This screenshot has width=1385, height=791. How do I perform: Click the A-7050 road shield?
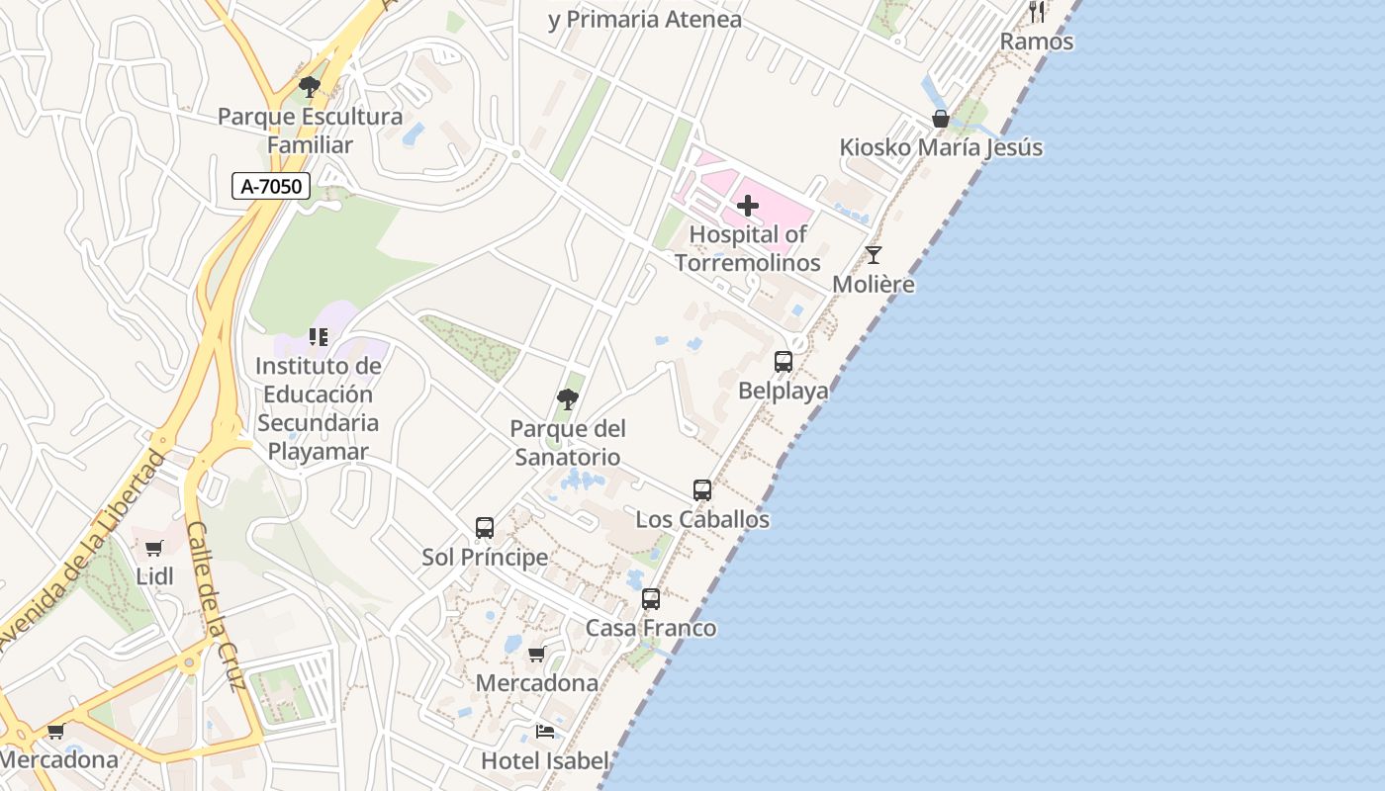pos(271,186)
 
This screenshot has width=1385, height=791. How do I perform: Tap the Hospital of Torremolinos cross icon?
pos(748,206)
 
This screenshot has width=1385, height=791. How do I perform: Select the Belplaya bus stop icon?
pos(783,362)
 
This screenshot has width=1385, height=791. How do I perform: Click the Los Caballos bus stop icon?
pos(702,490)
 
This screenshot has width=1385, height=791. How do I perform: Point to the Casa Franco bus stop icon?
pos(650,599)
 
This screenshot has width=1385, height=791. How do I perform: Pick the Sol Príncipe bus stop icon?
pos(484,528)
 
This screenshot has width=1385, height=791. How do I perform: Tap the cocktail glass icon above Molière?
pos(873,255)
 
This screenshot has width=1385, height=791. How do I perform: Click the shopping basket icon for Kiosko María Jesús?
pos(940,120)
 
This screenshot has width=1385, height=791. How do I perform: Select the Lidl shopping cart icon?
pos(153,549)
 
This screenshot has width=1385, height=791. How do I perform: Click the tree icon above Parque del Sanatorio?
pos(567,399)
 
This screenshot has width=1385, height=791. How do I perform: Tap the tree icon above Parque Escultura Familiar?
pos(310,87)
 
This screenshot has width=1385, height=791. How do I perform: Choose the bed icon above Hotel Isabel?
pos(544,732)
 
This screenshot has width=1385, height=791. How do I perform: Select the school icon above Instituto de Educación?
pos(318,337)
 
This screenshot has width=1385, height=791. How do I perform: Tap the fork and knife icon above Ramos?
pos(1037,12)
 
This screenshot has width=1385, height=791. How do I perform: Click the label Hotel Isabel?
pos(544,760)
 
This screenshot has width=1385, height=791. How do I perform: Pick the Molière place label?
pos(873,285)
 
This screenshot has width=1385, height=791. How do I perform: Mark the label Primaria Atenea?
pos(644,19)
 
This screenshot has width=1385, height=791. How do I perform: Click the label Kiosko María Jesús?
pos(940,148)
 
